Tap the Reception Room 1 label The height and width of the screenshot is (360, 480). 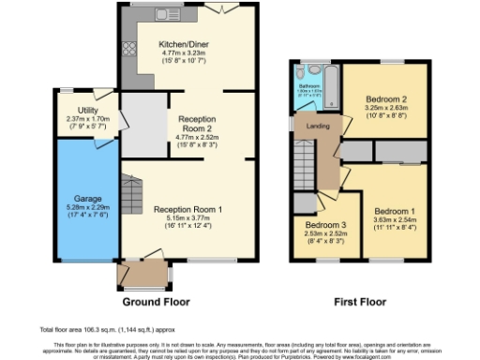[188, 210]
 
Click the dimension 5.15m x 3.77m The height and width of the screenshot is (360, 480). [188, 218]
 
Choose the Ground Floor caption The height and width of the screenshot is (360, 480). [157, 302]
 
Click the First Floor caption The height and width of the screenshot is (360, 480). [361, 302]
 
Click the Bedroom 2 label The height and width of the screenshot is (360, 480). [385, 99]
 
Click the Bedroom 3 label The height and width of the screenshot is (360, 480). [325, 225]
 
